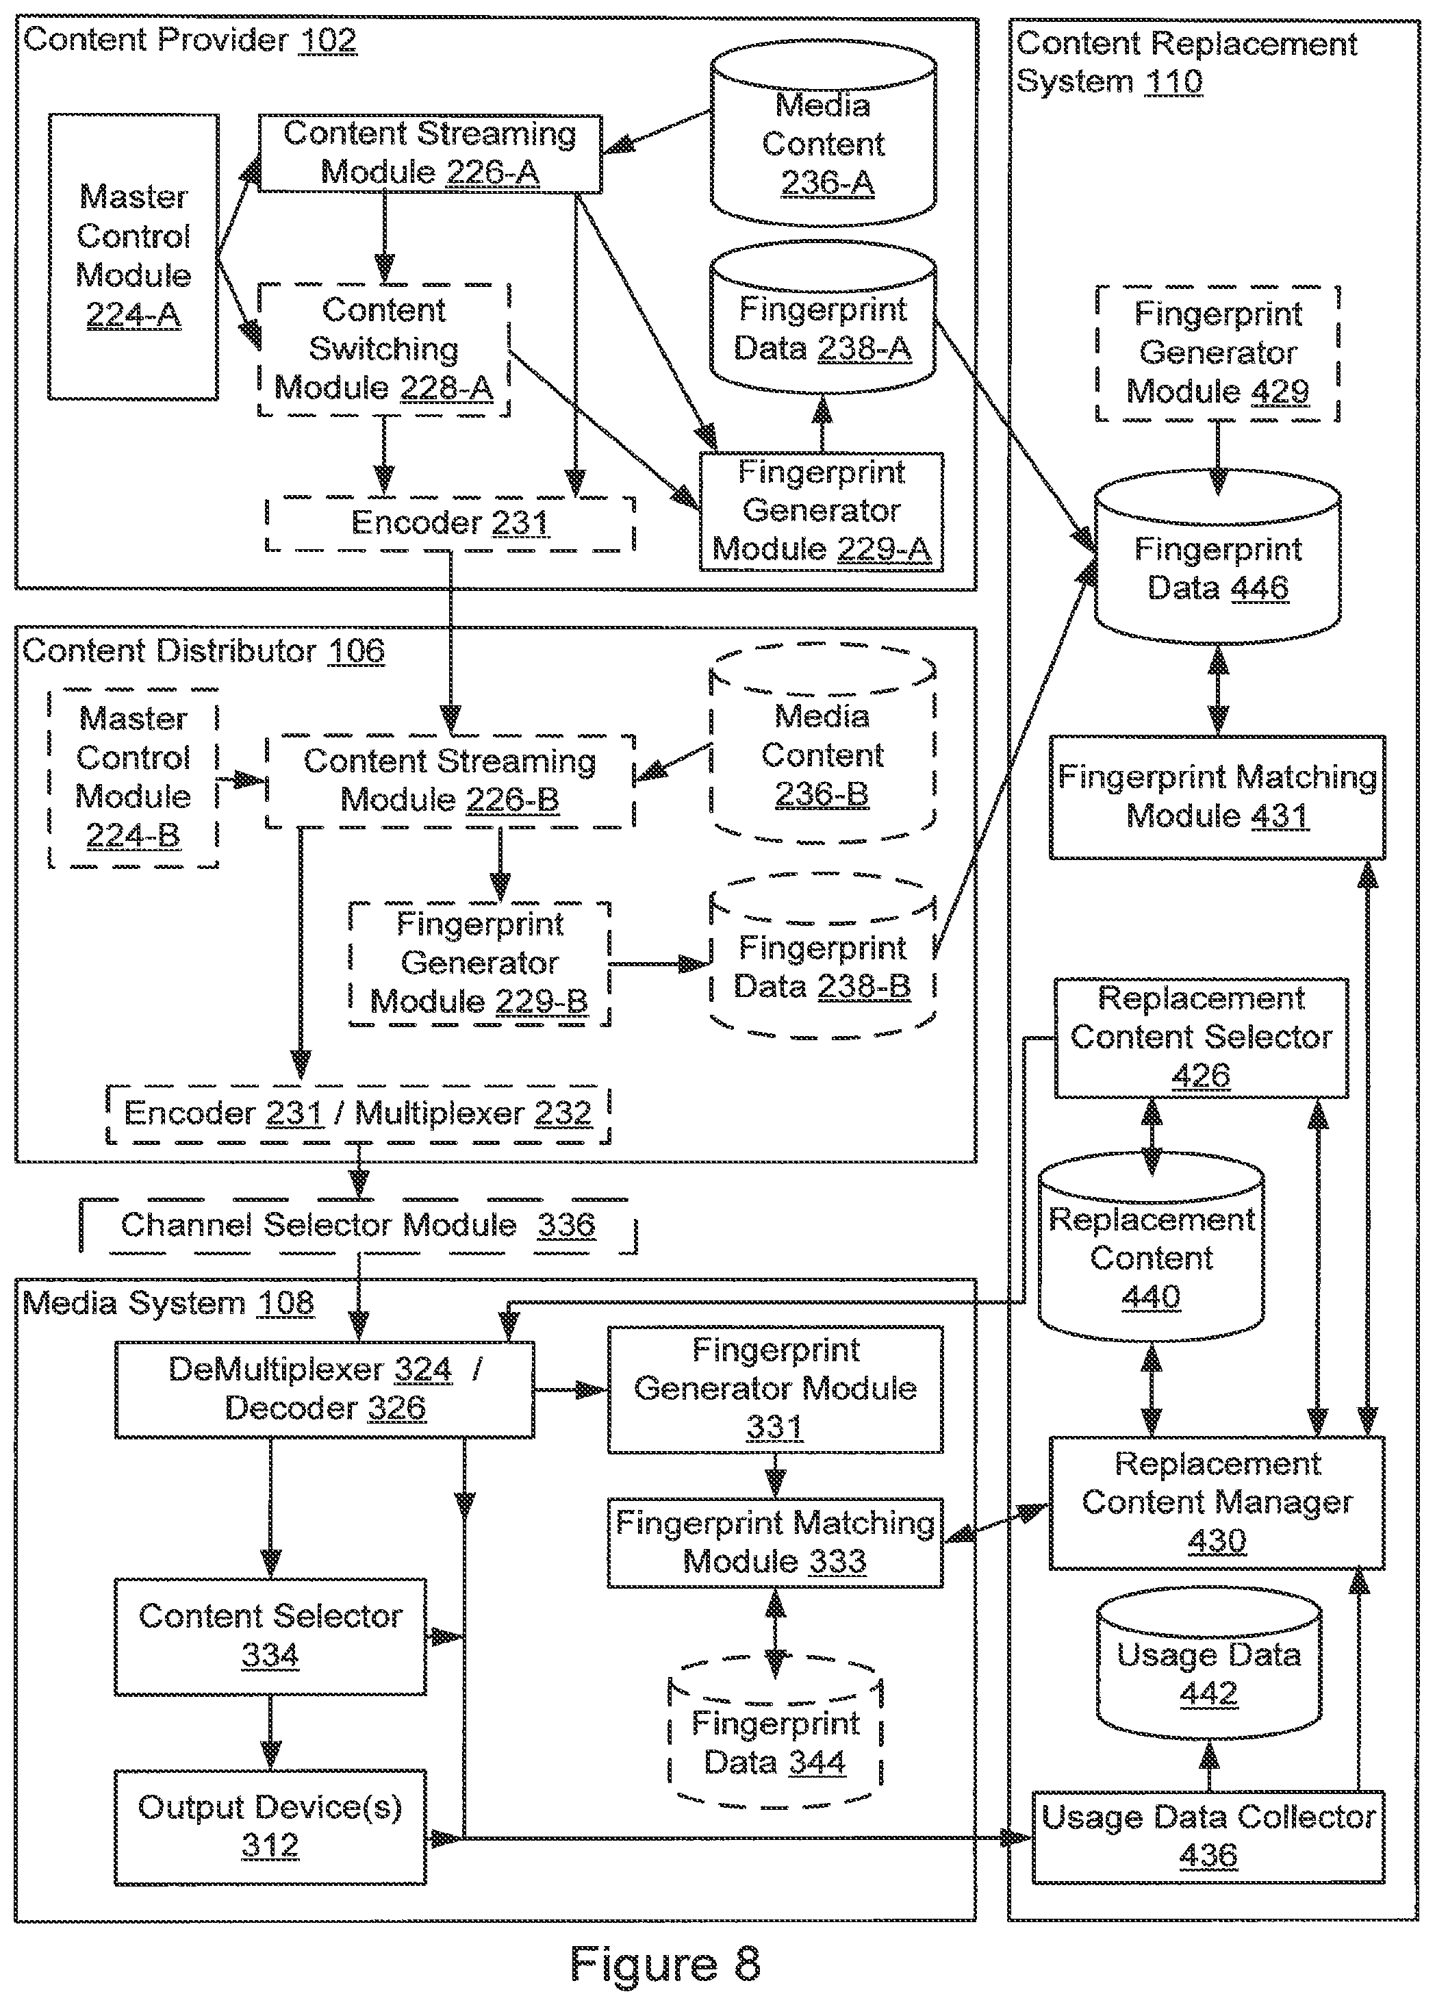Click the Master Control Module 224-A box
pyautogui.click(x=134, y=256)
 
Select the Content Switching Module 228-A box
pyautogui.click(x=384, y=349)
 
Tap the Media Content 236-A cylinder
pyautogui.click(x=824, y=134)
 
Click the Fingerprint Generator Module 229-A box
pyautogui.click(x=822, y=512)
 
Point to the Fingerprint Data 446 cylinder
pyautogui.click(x=1218, y=557)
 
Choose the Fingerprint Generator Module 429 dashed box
pyautogui.click(x=1218, y=353)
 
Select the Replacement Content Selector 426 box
pyautogui.click(x=1202, y=1037)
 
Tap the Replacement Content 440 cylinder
pyautogui.click(x=1152, y=1247)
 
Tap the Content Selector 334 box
pyautogui.click(x=270, y=1636)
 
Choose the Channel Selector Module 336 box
pyautogui.click(x=358, y=1226)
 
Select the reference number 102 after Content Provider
pyautogui.click(x=328, y=40)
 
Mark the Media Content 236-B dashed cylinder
pyautogui.click(x=823, y=745)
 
